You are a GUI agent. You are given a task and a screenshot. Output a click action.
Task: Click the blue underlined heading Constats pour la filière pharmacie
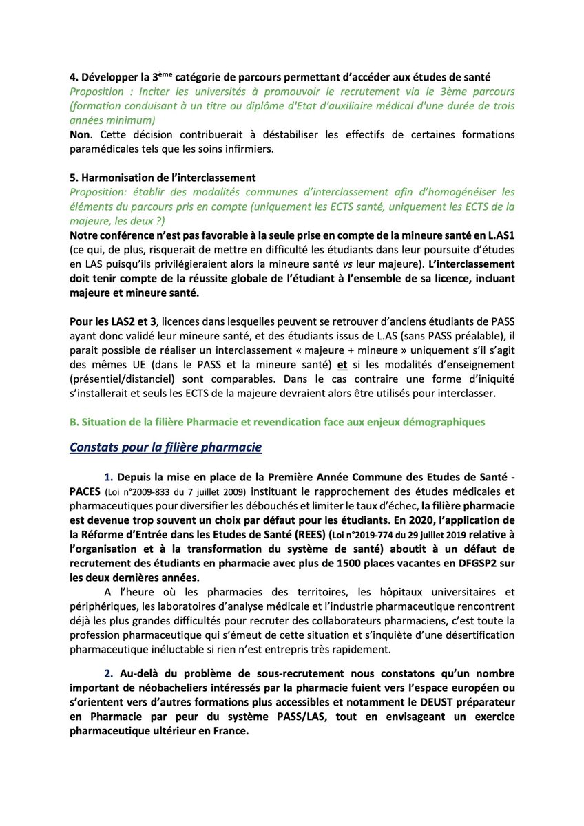(x=165, y=447)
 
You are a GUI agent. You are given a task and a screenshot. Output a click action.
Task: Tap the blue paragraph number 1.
(x=107, y=476)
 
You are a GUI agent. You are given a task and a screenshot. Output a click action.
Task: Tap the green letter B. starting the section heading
(x=74, y=421)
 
